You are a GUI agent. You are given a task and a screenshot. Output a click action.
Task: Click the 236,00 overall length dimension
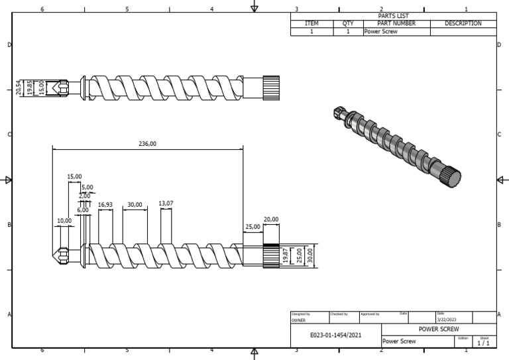coord(147,143)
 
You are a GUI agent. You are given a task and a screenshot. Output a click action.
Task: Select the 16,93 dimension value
coord(105,205)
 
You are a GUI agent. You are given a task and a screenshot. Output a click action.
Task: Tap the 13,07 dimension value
coord(166,204)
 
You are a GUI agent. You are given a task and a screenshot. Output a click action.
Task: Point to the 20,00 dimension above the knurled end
coord(271,219)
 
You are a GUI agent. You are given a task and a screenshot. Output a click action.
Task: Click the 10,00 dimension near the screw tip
coord(64,220)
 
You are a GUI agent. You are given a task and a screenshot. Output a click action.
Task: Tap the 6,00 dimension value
coord(82,210)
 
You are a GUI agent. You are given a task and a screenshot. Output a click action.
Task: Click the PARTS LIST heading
coord(393,16)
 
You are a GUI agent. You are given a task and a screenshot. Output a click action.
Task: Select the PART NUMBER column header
coord(396,23)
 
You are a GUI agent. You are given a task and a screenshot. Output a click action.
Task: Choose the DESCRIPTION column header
coord(463,23)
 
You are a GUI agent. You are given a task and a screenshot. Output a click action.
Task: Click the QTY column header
coord(347,23)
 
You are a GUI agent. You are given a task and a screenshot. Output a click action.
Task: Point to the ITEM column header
coord(311,23)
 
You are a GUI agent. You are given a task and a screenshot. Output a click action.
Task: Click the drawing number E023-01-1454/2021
coord(336,335)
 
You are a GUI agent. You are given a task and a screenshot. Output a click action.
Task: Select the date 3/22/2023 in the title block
coord(447,320)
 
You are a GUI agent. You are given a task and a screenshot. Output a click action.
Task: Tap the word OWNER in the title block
coord(298,320)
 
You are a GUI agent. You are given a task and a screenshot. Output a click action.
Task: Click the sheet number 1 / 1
coord(483,343)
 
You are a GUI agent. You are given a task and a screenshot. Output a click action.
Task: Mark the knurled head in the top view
coord(271,87)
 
